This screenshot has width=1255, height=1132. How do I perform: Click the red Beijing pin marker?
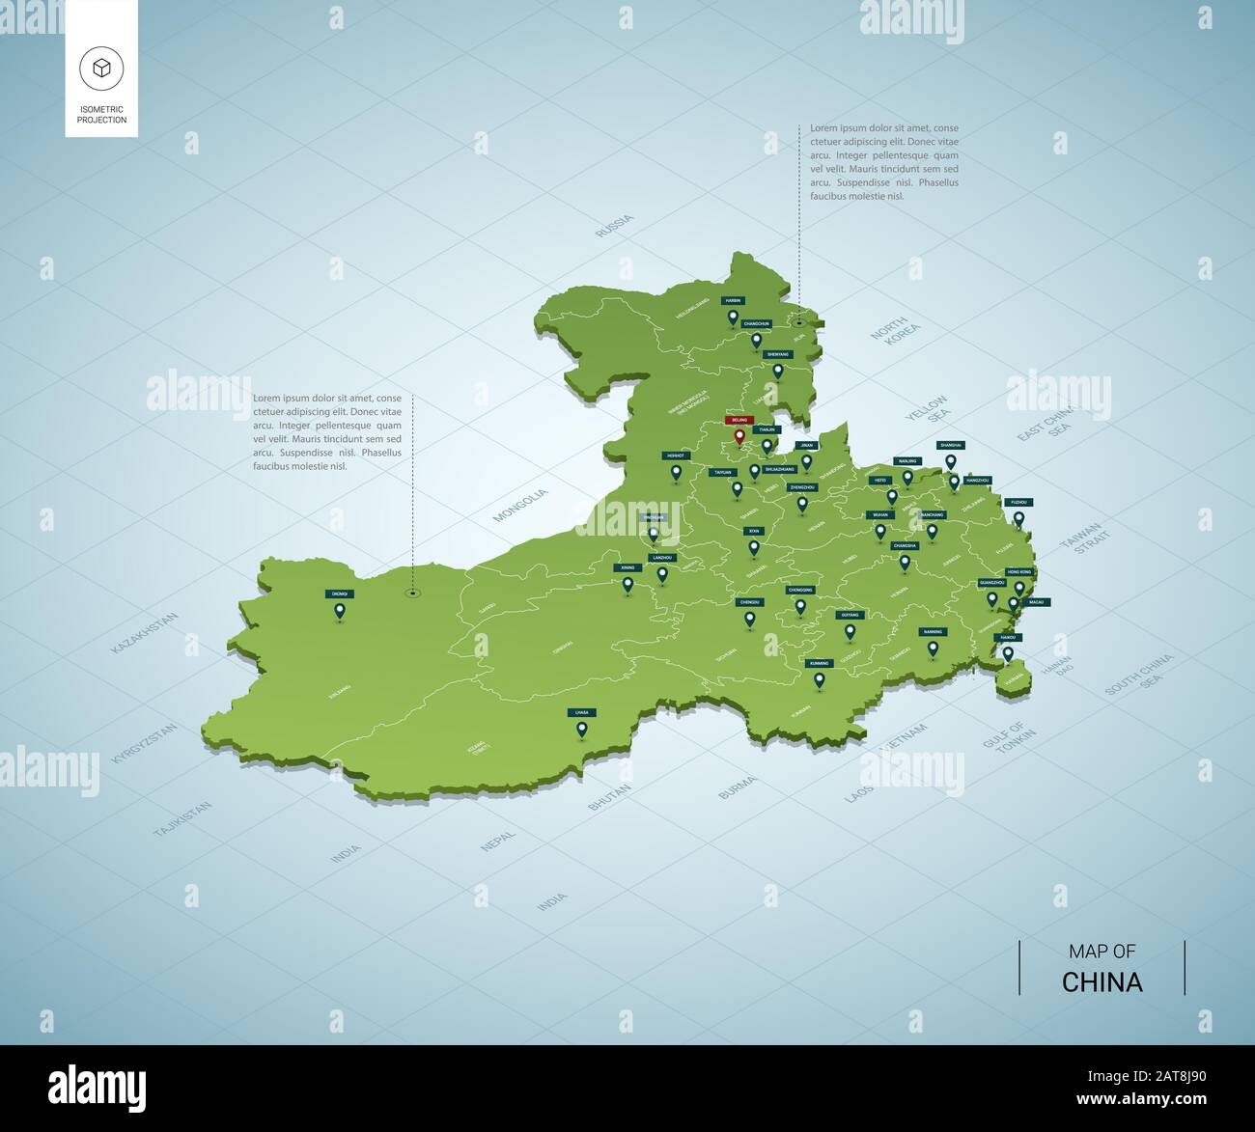coord(739,436)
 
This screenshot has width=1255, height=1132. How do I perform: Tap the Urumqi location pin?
coord(340,610)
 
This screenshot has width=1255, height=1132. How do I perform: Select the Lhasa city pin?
coord(581,730)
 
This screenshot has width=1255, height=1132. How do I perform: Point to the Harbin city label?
coord(733,301)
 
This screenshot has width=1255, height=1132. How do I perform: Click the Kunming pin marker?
coord(820,680)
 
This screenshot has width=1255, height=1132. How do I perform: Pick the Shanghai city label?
coord(950,445)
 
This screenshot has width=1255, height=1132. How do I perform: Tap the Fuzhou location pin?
coord(1018,519)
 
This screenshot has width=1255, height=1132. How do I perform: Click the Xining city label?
coord(627,567)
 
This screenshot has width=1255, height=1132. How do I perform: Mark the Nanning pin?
coord(933,649)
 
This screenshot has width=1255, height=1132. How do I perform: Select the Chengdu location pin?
coord(749,619)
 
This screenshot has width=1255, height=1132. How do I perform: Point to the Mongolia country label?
coord(520,506)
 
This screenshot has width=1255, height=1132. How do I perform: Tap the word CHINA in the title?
coord(1102,982)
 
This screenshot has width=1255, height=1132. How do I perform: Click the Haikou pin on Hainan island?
coord(1008,653)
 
